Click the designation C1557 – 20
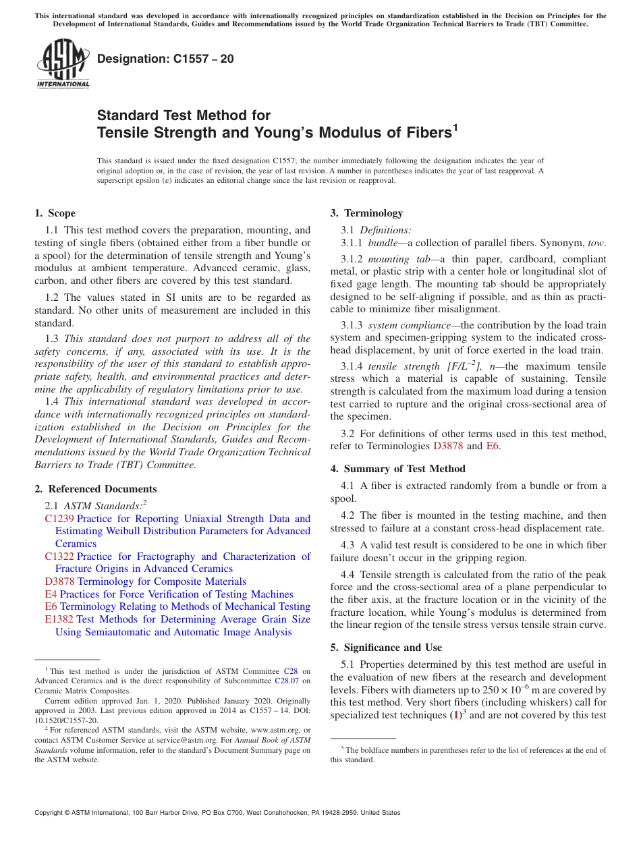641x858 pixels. [165, 59]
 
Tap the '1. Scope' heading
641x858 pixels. [55, 213]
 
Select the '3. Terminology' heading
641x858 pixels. [366, 213]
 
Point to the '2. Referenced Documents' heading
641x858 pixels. [95, 489]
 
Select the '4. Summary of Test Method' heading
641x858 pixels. [397, 469]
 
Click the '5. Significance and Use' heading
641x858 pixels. [386, 648]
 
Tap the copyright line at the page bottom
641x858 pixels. [217, 813]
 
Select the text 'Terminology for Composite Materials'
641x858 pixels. [162, 581]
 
